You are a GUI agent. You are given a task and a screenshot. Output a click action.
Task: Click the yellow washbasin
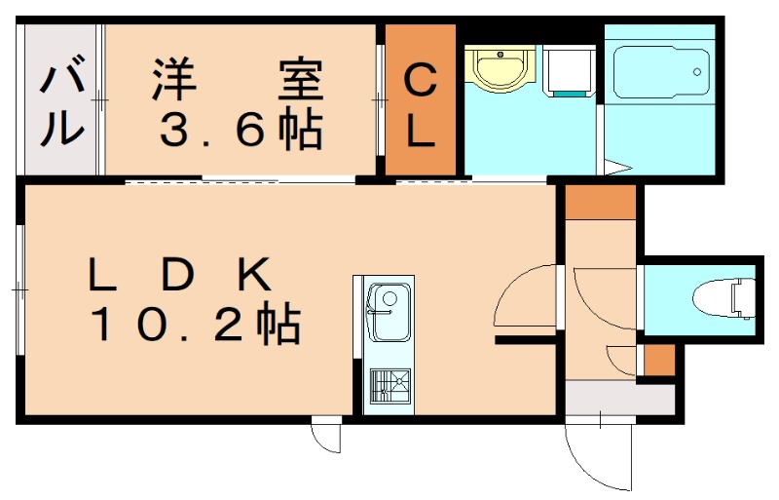tap(501, 68)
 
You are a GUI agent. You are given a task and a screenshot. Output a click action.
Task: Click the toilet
tap(724, 296)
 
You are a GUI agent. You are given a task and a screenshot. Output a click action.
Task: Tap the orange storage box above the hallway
tap(600, 202)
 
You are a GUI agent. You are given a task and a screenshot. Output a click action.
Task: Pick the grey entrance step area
tap(619, 398)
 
